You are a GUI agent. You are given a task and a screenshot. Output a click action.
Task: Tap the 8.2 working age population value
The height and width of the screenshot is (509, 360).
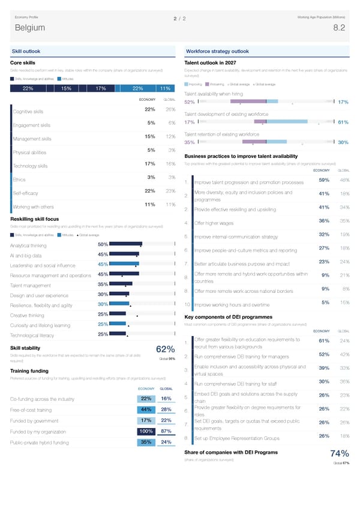(338, 28)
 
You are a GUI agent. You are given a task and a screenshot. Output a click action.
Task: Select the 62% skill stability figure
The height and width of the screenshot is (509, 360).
(165, 350)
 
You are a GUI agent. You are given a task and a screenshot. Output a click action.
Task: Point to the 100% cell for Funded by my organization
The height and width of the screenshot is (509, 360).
(146, 431)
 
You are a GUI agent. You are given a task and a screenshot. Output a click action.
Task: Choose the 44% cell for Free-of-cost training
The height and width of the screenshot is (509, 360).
(146, 409)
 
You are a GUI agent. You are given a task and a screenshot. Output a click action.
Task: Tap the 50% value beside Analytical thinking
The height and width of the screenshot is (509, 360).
(103, 244)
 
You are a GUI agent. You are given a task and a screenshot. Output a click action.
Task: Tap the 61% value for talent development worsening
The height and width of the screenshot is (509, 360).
(343, 122)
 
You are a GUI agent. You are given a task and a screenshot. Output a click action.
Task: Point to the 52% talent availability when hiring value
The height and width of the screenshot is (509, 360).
(189, 101)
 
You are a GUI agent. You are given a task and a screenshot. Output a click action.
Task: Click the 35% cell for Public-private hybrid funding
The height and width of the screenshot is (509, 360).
(146, 442)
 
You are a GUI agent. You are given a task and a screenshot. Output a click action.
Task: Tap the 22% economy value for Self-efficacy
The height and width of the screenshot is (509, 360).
(151, 191)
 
